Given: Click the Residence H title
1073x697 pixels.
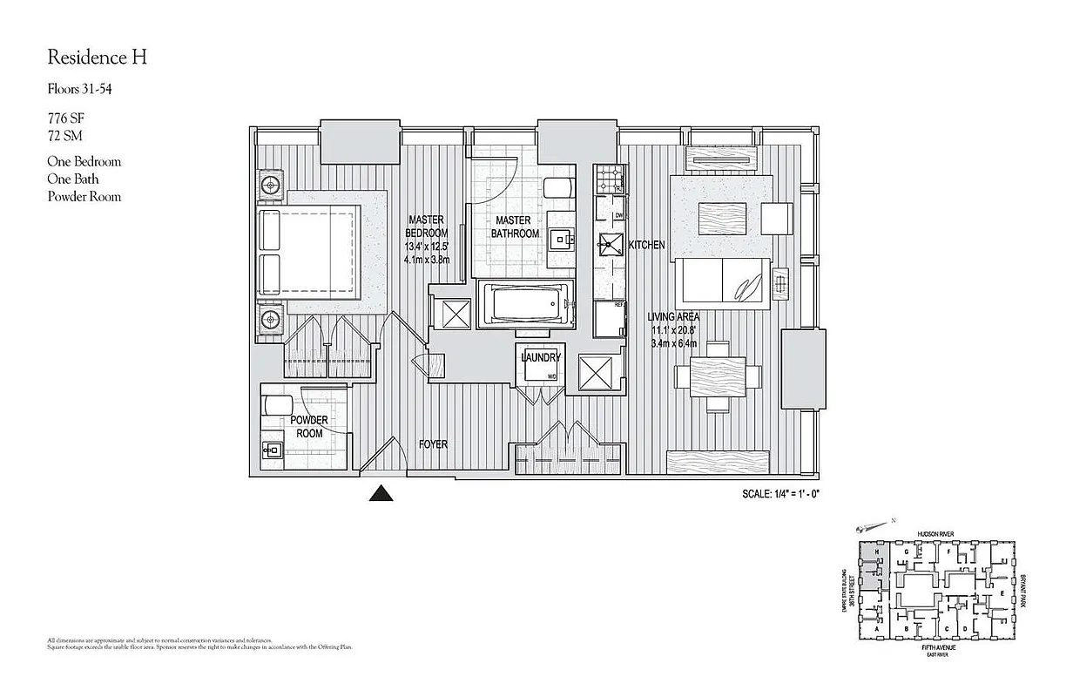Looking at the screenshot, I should pyautogui.click(x=97, y=58).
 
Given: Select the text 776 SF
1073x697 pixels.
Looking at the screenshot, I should pyautogui.click(x=66, y=117).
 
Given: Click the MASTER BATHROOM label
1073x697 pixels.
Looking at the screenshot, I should pyautogui.click(x=515, y=227).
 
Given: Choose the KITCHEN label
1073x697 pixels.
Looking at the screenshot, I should pyautogui.click(x=646, y=246).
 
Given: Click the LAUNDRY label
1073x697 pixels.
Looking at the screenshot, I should pyautogui.click(x=541, y=358).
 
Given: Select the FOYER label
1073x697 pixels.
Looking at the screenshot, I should pyautogui.click(x=433, y=444).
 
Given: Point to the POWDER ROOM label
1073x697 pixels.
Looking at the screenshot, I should pyautogui.click(x=309, y=427).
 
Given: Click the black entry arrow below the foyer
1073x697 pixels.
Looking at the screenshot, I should pyautogui.click(x=381, y=494).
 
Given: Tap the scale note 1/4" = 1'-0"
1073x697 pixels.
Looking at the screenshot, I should pyautogui.click(x=781, y=494).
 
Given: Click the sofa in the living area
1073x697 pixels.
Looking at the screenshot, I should pyautogui.click(x=723, y=283).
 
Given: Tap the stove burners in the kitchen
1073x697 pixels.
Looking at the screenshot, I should pyautogui.click(x=607, y=182).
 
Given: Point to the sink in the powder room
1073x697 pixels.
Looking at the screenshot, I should pyautogui.click(x=272, y=450).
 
